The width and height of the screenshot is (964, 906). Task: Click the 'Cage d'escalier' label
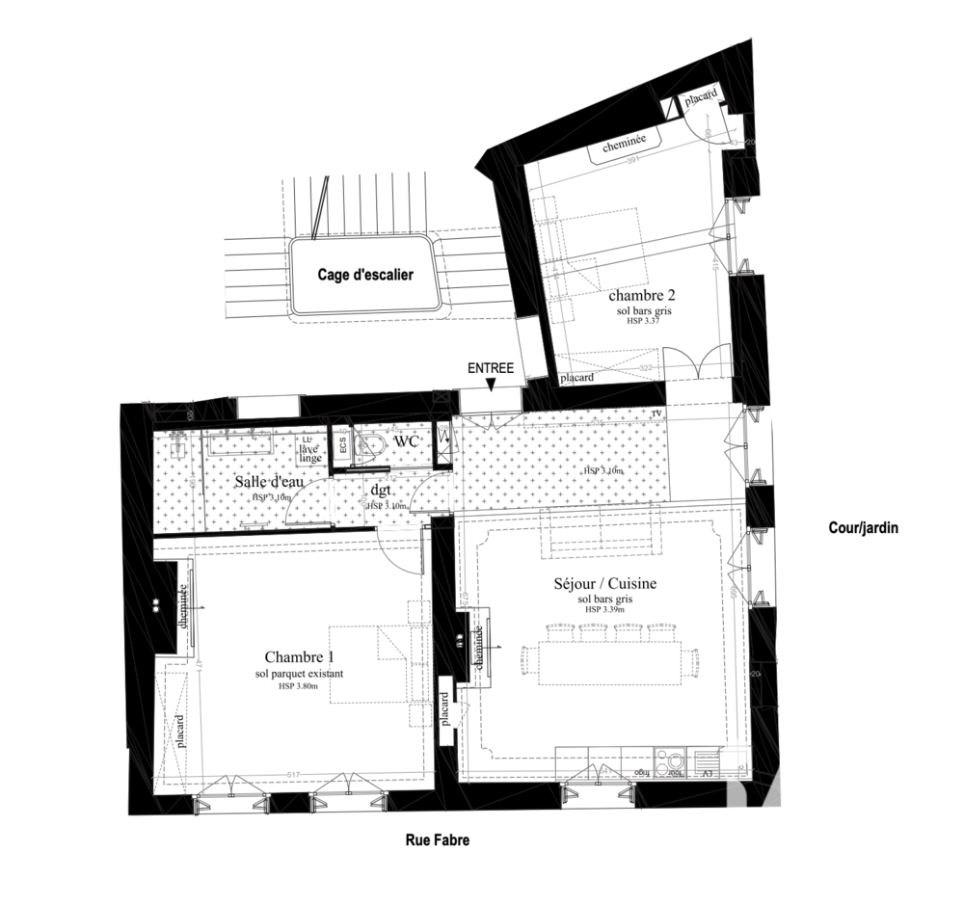365,275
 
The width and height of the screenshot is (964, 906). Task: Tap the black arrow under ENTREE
492,386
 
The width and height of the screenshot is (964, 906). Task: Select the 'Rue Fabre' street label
437,840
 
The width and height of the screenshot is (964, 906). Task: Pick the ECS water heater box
341,447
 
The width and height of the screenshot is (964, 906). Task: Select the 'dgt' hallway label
379,489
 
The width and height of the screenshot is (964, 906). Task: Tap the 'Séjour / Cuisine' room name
605,584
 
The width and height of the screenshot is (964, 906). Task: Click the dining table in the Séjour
611,661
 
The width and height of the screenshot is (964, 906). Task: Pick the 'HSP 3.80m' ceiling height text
300,686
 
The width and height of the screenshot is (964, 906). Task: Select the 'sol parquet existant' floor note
300,674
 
